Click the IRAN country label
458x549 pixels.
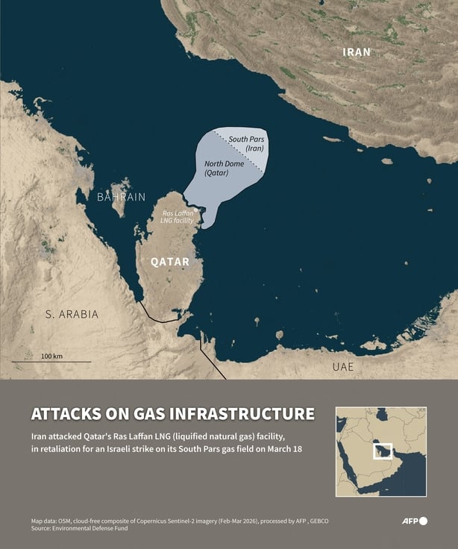click(356, 52)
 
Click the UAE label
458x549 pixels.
click(342, 367)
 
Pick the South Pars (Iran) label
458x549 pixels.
click(247, 143)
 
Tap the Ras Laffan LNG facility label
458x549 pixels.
click(178, 218)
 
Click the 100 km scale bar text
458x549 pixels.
click(52, 356)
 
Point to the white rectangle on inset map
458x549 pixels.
click(382, 451)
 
